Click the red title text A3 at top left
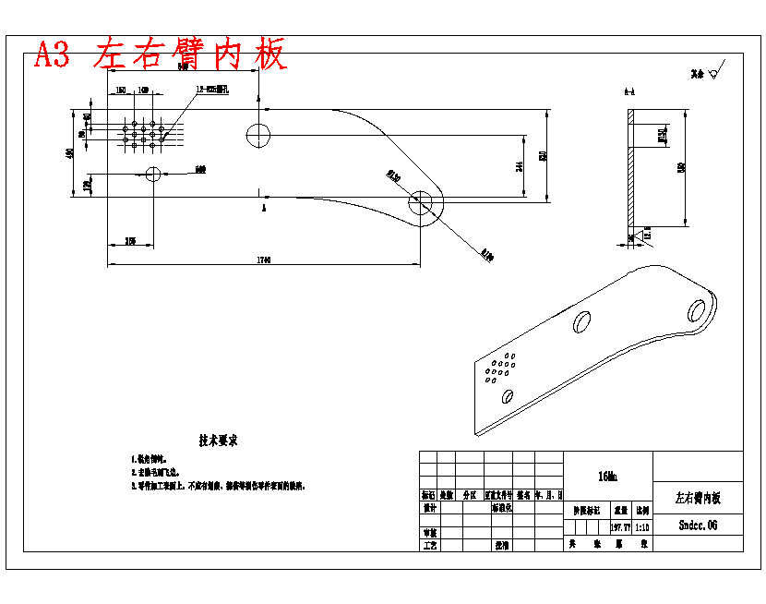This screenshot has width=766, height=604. pyautogui.click(x=52, y=55)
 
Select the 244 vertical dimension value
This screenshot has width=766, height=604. pyautogui.click(x=521, y=166)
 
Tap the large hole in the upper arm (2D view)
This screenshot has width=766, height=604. pyautogui.click(x=258, y=135)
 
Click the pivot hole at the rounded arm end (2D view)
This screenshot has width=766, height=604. pyautogui.click(x=423, y=202)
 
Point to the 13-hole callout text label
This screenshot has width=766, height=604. pyautogui.click(x=212, y=91)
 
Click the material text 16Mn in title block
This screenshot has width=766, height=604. pyautogui.click(x=607, y=477)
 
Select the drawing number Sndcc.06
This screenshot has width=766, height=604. pyautogui.click(x=698, y=525)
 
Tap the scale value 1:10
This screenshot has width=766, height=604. pyautogui.click(x=642, y=526)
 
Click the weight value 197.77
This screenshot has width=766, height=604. pyautogui.click(x=620, y=526)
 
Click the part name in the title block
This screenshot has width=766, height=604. pyautogui.click(x=697, y=498)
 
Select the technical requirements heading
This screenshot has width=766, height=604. pyautogui.click(x=219, y=441)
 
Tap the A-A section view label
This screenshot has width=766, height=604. pyautogui.click(x=628, y=92)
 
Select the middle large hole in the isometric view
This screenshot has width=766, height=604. pyautogui.click(x=582, y=322)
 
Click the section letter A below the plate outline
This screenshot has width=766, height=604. pyautogui.click(x=265, y=210)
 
